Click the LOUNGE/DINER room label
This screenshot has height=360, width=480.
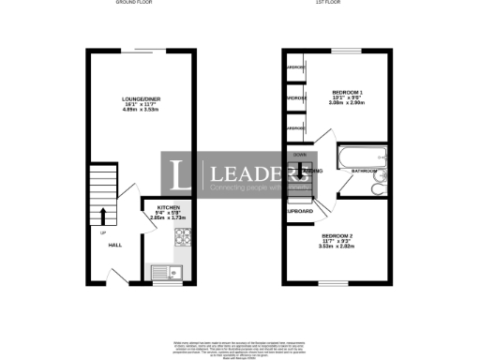coord(139,98)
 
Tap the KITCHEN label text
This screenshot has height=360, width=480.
coord(168,207)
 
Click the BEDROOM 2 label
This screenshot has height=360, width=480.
coord(337,235)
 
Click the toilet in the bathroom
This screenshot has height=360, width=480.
coord(376,189)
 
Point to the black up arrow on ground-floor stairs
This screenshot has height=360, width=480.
coord(102,215)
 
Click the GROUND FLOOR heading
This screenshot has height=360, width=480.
coord(134,4)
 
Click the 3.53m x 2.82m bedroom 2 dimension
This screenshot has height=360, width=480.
coord(337,247)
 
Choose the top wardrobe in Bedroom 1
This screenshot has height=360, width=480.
coord(297,67)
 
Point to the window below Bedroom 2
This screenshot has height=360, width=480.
coord(337,283)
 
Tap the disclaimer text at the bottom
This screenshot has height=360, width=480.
coord(240,347)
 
